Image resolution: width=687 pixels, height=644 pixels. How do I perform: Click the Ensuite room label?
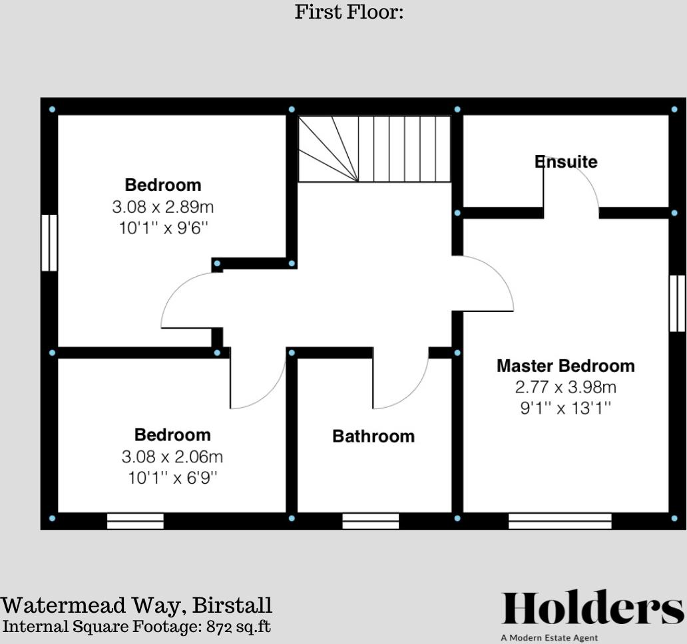(566, 162)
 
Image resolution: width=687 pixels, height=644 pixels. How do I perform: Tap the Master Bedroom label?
(565, 366)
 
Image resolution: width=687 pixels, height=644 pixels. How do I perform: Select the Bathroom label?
(373, 436)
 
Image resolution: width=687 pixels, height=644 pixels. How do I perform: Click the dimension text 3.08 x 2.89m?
(163, 207)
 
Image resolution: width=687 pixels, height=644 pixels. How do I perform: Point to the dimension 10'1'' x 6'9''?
(172, 478)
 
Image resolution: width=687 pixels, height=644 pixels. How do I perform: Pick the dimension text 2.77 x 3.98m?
(565, 387)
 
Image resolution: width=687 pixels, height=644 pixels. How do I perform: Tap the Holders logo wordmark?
(592, 609)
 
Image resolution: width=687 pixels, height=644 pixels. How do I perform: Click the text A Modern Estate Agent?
(550, 637)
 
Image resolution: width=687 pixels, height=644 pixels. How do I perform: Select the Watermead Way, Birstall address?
(136, 605)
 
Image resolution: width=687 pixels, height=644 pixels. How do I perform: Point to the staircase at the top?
(374, 148)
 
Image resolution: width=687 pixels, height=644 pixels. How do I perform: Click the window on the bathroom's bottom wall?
(370, 521)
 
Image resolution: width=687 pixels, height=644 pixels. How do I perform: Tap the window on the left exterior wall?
(49, 243)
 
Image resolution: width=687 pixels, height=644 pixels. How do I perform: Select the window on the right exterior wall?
(677, 303)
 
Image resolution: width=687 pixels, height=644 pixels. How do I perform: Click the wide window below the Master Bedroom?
(560, 521)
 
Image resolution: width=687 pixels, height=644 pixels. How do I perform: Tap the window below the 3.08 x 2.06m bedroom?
(135, 521)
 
